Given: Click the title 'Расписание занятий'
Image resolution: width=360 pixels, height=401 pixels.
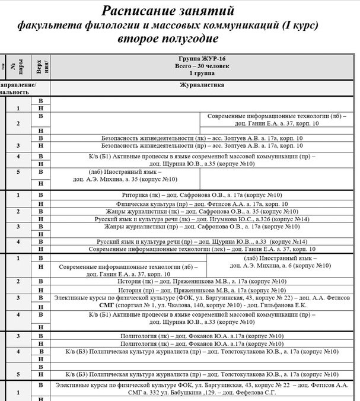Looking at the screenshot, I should [168, 11].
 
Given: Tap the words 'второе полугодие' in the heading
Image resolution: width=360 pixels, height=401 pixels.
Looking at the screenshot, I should [168, 39].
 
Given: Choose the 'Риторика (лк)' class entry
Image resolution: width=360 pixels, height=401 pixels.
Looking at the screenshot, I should [201, 195].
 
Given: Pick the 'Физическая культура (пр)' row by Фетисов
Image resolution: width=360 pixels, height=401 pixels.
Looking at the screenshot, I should [201, 203].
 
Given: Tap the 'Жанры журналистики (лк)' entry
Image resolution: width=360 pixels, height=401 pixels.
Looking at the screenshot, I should [201, 211].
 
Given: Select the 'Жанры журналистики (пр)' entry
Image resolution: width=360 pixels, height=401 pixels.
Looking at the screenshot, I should [201, 227].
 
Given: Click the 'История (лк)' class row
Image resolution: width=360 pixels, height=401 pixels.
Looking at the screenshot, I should [201, 282].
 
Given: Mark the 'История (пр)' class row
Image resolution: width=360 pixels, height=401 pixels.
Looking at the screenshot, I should [201, 290].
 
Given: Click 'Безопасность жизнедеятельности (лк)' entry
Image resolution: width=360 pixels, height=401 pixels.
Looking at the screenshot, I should [201, 138].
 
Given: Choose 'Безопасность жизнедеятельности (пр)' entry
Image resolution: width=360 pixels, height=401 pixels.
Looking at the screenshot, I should [201, 145].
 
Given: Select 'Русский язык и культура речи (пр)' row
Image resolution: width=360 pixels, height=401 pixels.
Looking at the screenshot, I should [201, 241].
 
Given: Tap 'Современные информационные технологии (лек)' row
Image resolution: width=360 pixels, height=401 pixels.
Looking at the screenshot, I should [201, 249].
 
